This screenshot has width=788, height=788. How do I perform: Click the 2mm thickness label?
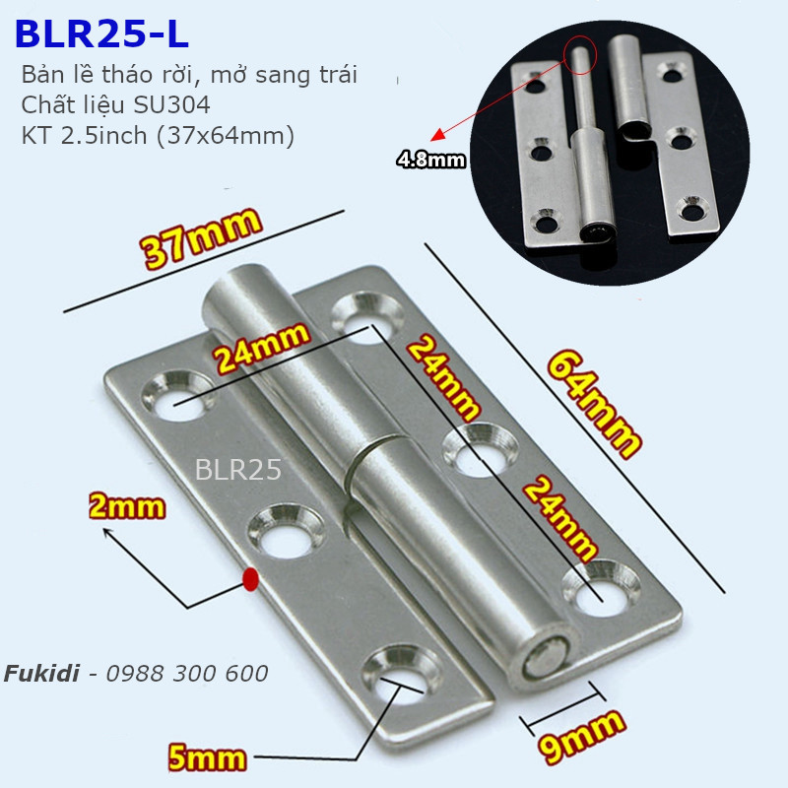126,507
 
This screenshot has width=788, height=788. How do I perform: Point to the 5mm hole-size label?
207,756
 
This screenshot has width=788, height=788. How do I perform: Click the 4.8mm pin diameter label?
430,159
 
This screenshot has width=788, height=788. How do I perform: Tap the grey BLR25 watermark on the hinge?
238,469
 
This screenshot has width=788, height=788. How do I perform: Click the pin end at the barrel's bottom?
543,659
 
